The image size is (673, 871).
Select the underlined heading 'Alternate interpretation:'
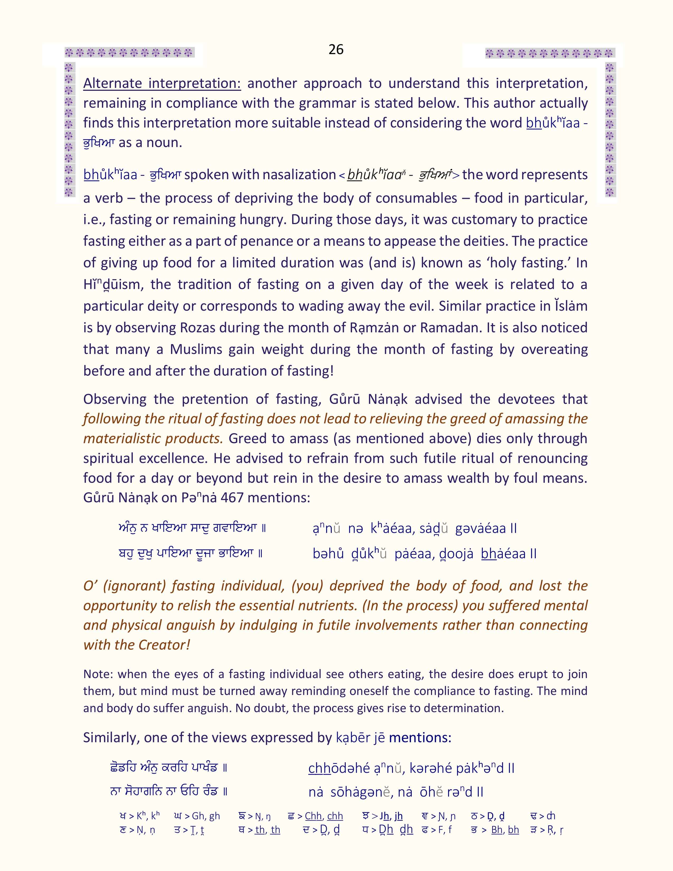coord(162,83)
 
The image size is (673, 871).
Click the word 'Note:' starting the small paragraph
coord(98,674)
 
